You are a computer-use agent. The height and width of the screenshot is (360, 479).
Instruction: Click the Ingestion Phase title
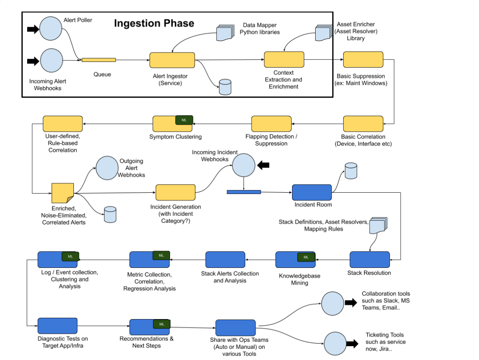tap(154, 23)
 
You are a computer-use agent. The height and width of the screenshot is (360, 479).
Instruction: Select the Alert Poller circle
tap(51, 29)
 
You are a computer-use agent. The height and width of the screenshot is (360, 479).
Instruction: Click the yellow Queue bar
tap(98, 60)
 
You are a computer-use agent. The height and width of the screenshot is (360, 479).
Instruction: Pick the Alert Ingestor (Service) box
tap(172, 60)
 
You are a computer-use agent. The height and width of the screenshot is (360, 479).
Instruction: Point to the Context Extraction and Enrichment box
tap(284, 60)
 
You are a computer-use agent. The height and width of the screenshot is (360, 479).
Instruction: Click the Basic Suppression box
tap(363, 60)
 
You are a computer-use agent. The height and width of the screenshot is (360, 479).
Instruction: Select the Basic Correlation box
tap(363, 124)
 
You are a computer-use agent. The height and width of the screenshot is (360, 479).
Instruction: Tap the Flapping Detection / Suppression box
tap(271, 124)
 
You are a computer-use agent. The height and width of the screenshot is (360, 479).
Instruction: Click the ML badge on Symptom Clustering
tap(184, 120)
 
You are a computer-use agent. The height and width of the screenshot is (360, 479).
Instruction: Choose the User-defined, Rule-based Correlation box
tap(63, 124)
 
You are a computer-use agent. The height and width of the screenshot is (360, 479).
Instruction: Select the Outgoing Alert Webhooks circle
tap(107, 168)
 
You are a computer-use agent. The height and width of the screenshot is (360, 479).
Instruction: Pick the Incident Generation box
tap(175, 193)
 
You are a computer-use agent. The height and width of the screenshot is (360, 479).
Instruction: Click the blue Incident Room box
tap(312, 192)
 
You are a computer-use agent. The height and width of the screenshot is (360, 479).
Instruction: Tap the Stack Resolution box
tap(369, 259)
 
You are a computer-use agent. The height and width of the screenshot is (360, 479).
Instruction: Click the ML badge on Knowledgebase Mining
tap(306, 257)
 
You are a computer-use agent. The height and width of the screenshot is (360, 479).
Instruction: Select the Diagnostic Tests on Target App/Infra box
tap(57, 326)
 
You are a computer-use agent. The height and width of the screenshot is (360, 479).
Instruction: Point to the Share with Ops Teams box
tap(235, 328)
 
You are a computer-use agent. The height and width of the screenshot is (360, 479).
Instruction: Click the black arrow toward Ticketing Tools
tap(352, 344)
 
